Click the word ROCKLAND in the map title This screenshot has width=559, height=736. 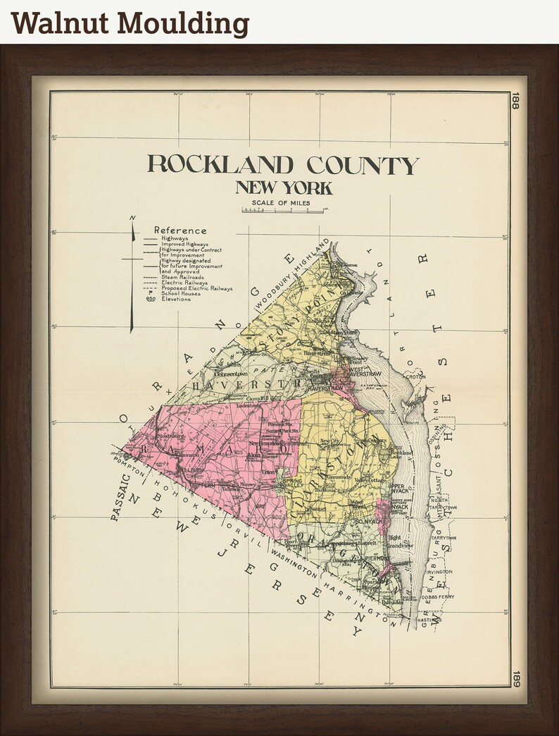point(220,164)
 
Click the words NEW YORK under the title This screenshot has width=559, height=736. point(284,188)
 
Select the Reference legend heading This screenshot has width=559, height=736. point(180,231)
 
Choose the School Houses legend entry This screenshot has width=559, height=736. point(180,293)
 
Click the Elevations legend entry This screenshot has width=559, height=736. point(176,299)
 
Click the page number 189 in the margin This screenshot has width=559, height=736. point(515,677)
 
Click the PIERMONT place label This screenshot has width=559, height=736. point(377,558)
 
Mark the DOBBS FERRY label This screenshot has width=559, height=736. point(439,596)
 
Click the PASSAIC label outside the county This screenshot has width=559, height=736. point(120,498)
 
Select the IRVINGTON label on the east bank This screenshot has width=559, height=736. point(439,572)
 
